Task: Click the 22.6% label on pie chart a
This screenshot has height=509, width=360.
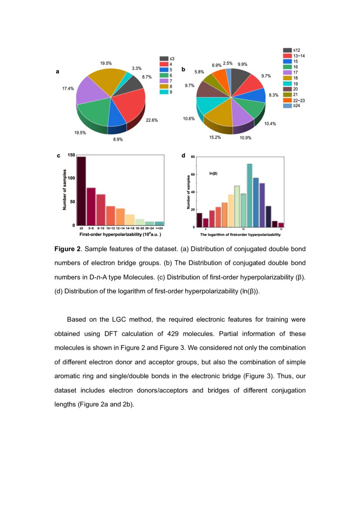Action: [x=152, y=120]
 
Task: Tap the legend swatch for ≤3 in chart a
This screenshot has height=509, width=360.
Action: [x=164, y=58]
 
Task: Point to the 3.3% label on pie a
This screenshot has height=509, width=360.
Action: [x=136, y=68]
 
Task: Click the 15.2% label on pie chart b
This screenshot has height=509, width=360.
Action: [x=215, y=137]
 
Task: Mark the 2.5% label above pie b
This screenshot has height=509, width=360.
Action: [x=228, y=63]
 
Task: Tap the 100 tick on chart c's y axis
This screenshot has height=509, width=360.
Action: [x=71, y=178]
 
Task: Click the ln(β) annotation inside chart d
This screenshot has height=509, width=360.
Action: [x=213, y=173]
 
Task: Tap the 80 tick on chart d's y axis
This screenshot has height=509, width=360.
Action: [x=193, y=157]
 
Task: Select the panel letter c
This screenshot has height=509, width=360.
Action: [x=59, y=155]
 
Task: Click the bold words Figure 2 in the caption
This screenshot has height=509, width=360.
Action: [x=68, y=249]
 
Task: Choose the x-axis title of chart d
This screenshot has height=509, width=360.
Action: [x=240, y=235]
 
